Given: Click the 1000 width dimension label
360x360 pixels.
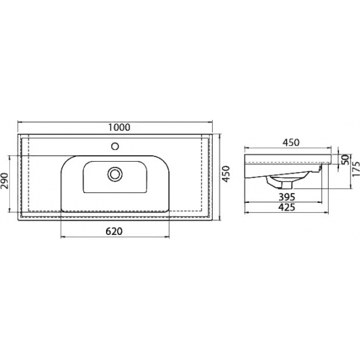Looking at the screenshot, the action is point(119,127).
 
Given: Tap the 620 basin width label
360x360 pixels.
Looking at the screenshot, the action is point(114,232).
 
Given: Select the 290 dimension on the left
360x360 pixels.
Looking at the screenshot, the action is point(5,181).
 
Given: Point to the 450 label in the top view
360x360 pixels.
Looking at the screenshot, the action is point(226,174).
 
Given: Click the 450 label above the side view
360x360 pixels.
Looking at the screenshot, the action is point(291,143).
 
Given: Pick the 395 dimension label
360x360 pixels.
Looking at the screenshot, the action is point(287,197).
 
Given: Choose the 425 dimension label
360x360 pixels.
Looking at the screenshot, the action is point(287,207).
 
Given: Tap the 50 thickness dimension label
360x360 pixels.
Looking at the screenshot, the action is point(344,159).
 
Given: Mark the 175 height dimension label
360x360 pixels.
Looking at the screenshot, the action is point(356,169).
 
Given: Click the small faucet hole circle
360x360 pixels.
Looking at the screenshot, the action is point(115,146).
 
